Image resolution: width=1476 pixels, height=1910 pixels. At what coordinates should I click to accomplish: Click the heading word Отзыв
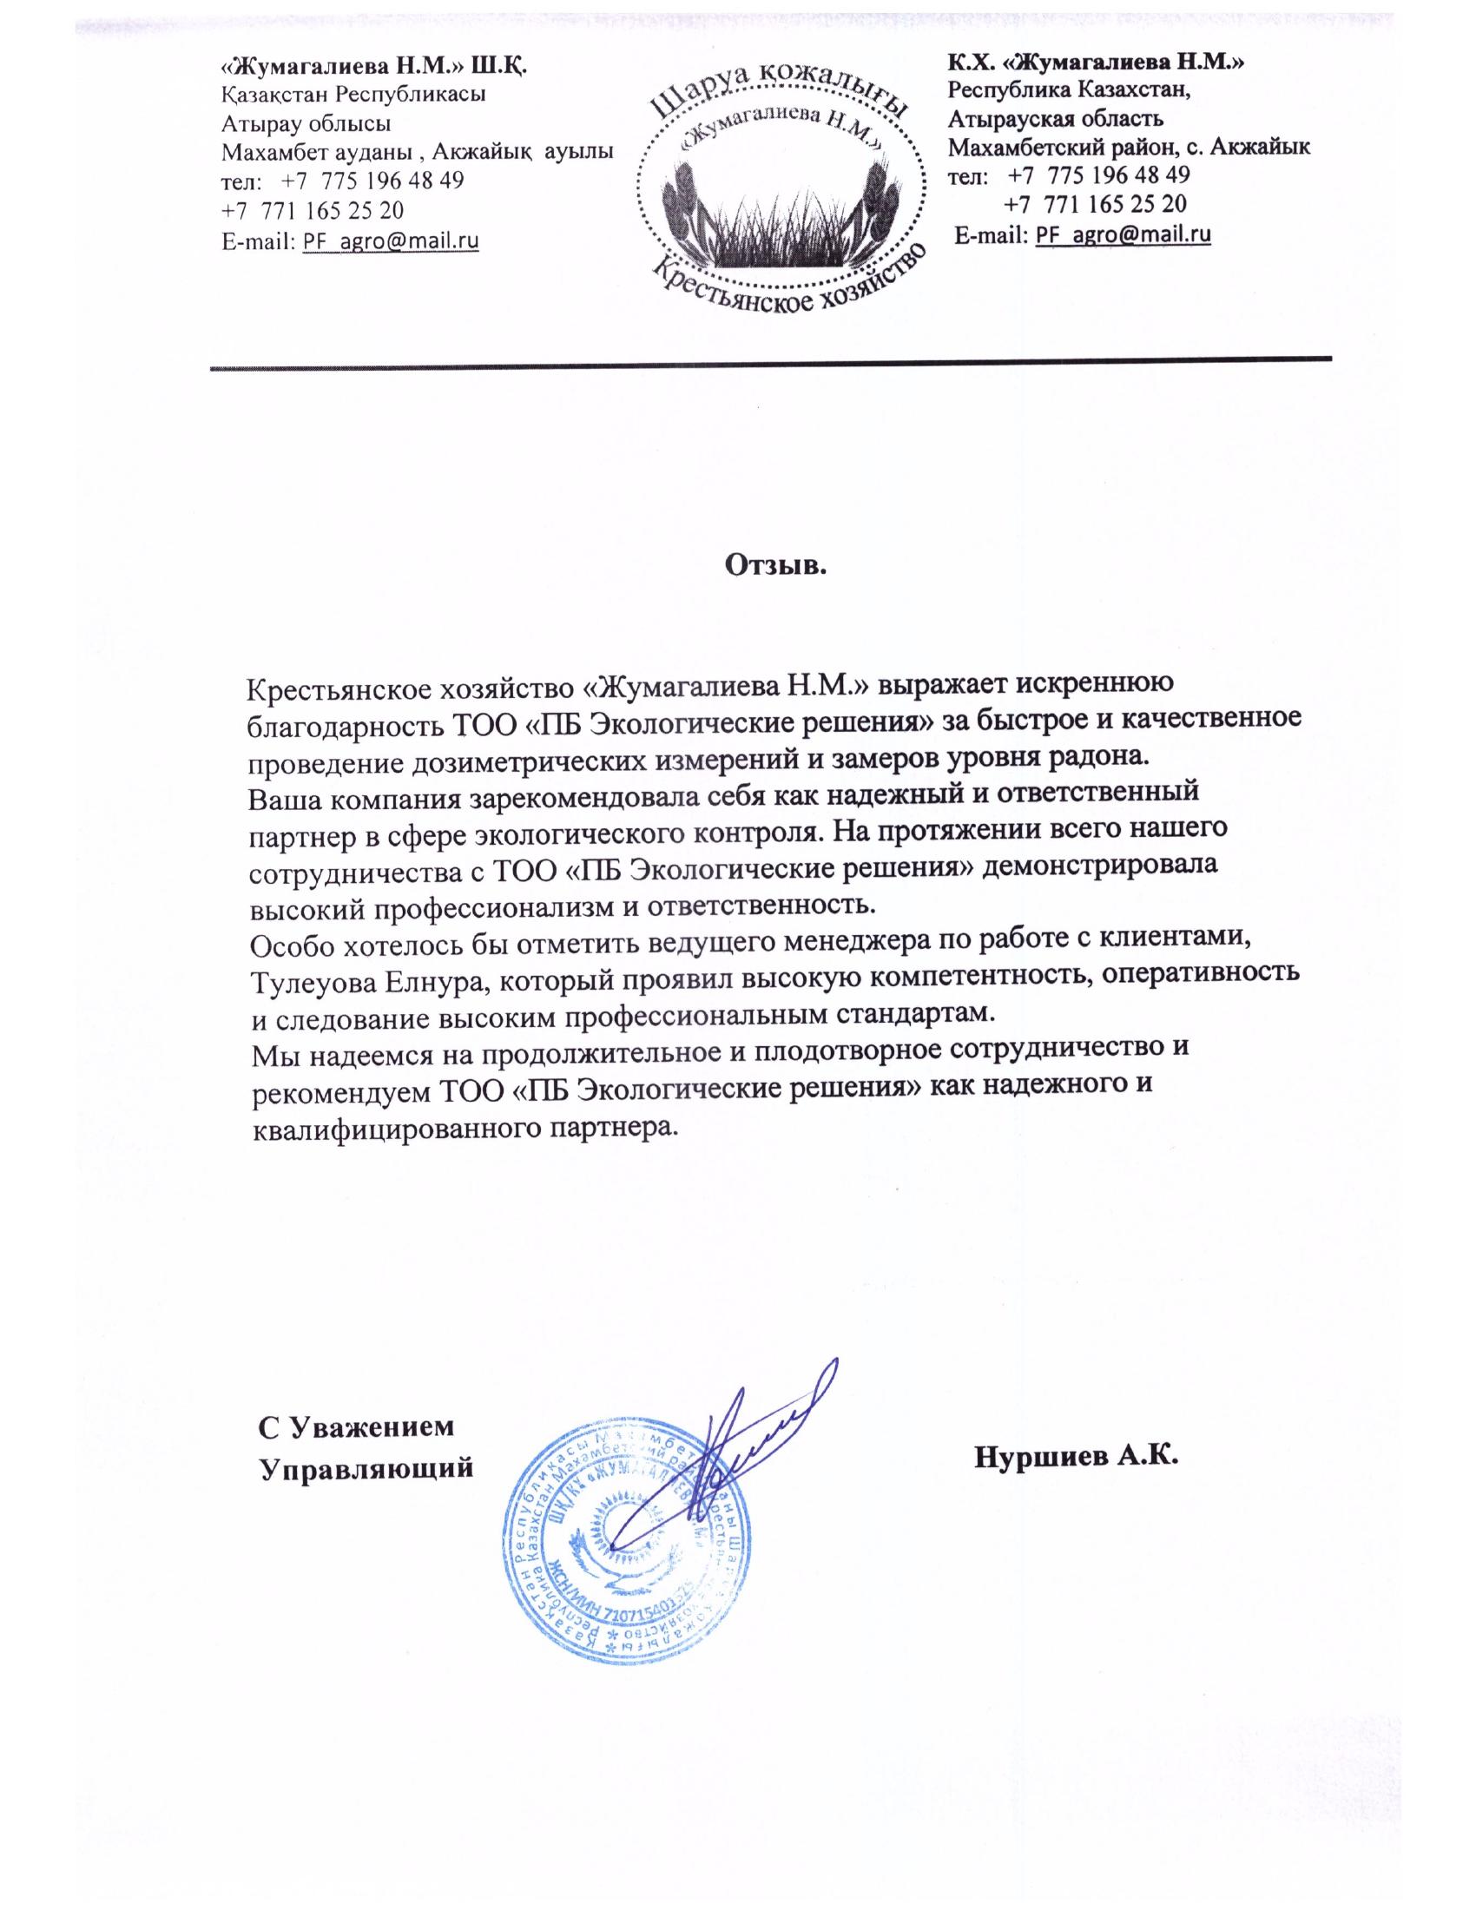coord(775,565)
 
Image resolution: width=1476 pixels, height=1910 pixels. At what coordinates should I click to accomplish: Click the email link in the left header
coord(390,240)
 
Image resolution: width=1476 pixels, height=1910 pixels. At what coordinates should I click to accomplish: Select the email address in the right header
coord(1123,234)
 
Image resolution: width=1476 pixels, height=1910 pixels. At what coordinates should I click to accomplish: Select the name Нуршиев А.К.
coord(1077,1456)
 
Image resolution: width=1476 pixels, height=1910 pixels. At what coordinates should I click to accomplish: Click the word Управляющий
coord(367,1466)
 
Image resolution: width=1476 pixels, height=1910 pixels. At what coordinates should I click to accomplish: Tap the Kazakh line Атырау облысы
coord(306,123)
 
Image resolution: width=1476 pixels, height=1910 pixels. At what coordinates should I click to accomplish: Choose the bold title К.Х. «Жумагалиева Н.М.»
coord(1097,63)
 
